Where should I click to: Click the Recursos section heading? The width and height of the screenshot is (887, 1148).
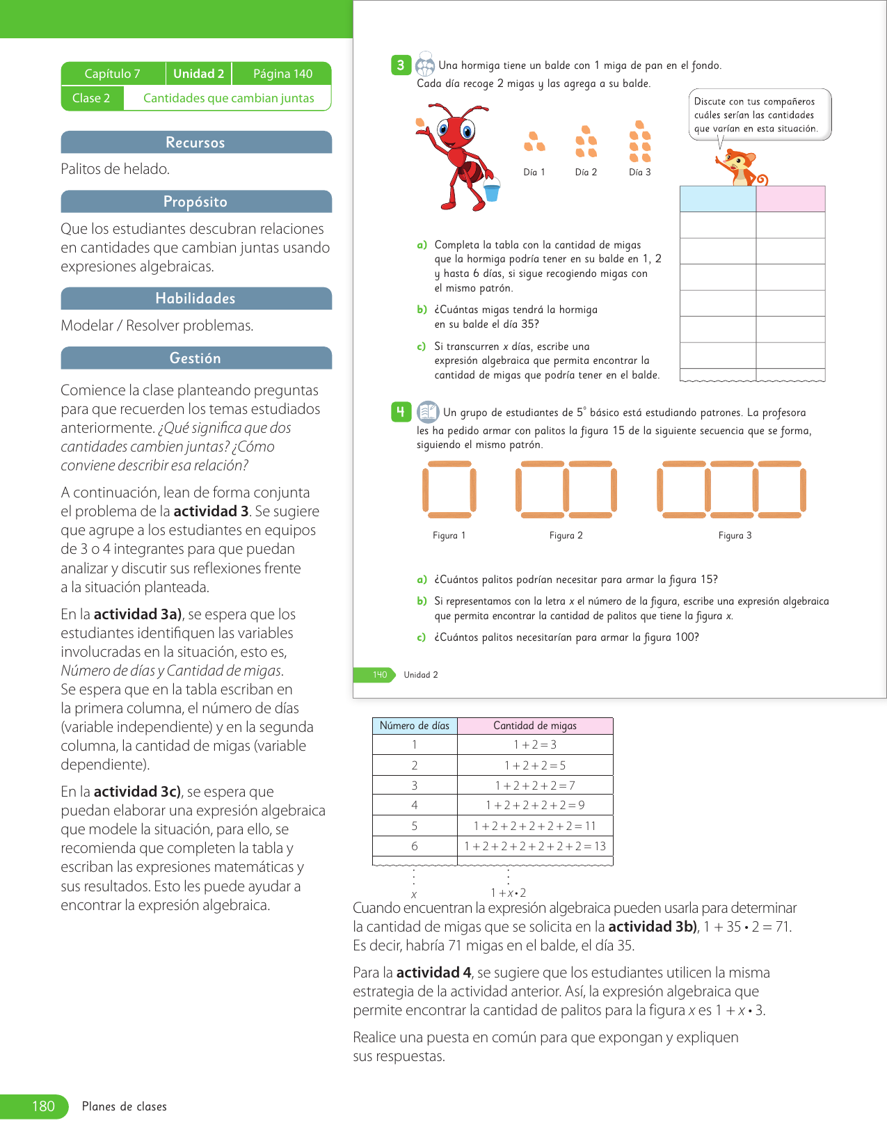pyautogui.click(x=195, y=143)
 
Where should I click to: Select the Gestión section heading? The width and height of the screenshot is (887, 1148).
pyautogui.click(x=195, y=358)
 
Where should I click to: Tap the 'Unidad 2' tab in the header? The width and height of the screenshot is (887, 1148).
pyautogui.click(x=198, y=74)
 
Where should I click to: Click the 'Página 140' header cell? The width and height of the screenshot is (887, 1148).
pyautogui.click(x=282, y=74)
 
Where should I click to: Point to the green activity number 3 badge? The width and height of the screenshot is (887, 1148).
pyautogui.click(x=401, y=65)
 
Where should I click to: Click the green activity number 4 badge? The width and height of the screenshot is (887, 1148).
pyautogui.click(x=401, y=412)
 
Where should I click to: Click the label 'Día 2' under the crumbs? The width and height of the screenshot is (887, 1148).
pyautogui.click(x=586, y=173)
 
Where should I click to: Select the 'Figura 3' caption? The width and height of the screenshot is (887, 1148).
pyautogui.click(x=735, y=536)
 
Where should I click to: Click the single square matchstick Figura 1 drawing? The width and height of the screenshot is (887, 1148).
pyautogui.click(x=449, y=491)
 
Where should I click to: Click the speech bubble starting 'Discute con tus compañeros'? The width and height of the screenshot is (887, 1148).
pyautogui.click(x=760, y=115)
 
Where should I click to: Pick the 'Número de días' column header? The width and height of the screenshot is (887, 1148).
pyautogui.click(x=415, y=726)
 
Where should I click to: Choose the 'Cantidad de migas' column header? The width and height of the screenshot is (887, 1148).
pyautogui.click(x=535, y=726)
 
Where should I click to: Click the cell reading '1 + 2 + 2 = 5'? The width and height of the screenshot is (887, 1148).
pyautogui.click(x=535, y=765)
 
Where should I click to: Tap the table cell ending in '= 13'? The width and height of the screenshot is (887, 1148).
pyautogui.click(x=535, y=846)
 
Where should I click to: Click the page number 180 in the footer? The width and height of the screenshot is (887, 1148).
pyautogui.click(x=43, y=1106)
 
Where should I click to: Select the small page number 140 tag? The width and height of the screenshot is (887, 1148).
pyautogui.click(x=379, y=675)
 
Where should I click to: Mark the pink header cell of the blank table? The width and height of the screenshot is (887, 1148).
pyautogui.click(x=790, y=199)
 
